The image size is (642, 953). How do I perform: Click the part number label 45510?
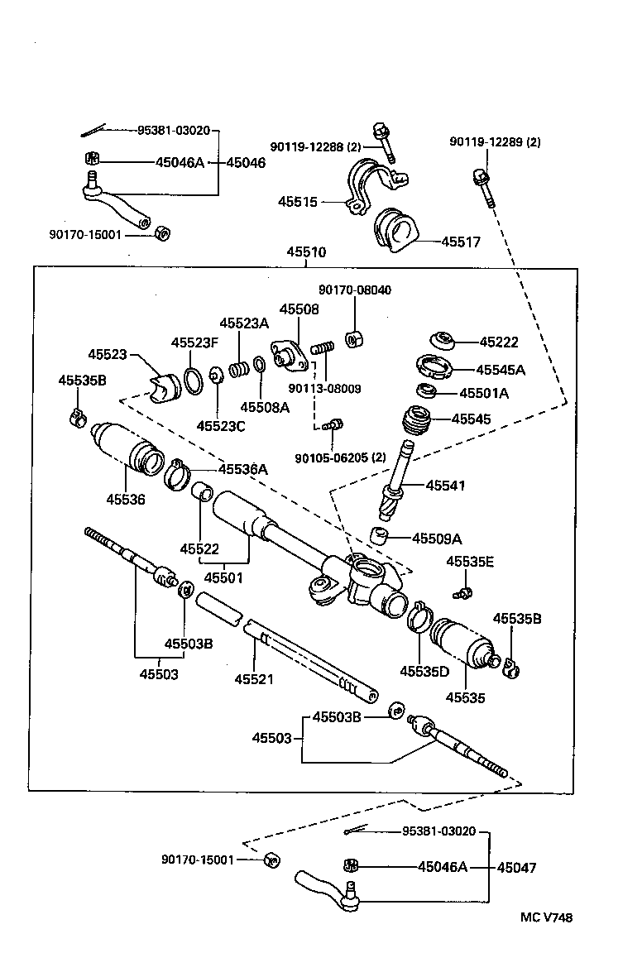pos(306,251)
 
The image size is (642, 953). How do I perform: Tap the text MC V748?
pos(546,917)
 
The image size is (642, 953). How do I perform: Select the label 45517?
pos(461,242)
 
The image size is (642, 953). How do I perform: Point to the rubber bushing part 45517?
pos(395,229)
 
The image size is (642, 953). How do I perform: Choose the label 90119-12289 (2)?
pos(495,142)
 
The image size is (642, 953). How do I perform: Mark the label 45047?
pos(516,868)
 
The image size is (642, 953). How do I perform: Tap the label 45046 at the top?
pos(246,163)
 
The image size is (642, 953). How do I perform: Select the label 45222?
pos(499,342)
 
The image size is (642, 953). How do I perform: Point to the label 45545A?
pos(501,370)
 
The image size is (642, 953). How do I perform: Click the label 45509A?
pos(436,539)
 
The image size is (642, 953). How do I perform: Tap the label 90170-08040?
pos(355,290)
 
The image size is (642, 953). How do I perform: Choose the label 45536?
pos(126,499)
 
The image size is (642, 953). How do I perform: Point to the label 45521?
pos(254,678)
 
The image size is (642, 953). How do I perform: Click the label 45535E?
pos(470,562)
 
